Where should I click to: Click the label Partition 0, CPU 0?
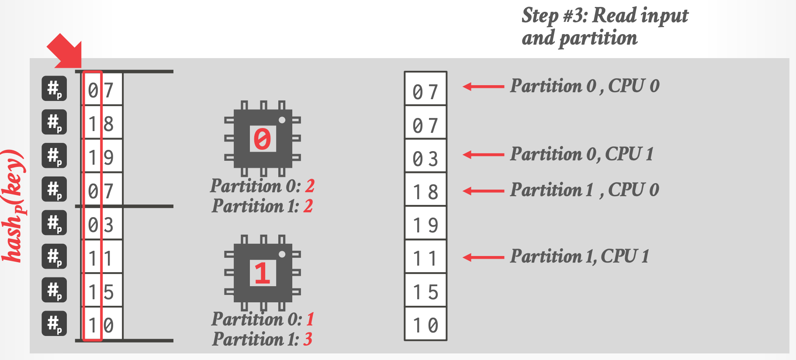click(x=585, y=86)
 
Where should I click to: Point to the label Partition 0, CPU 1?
click(x=582, y=154)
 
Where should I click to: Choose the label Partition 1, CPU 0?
click(x=585, y=190)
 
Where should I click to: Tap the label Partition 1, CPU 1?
click(x=580, y=256)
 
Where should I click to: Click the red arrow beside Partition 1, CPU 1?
click(x=483, y=257)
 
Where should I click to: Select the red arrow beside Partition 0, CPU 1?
click(x=483, y=155)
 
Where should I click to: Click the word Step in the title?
click(x=540, y=16)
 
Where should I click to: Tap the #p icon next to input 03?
click(x=54, y=223)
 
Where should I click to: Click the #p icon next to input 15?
click(x=54, y=290)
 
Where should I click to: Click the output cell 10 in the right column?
click(x=426, y=324)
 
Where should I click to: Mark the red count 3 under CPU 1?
click(x=308, y=339)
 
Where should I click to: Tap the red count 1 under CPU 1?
click(x=310, y=319)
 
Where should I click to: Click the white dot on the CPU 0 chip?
click(x=282, y=120)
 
